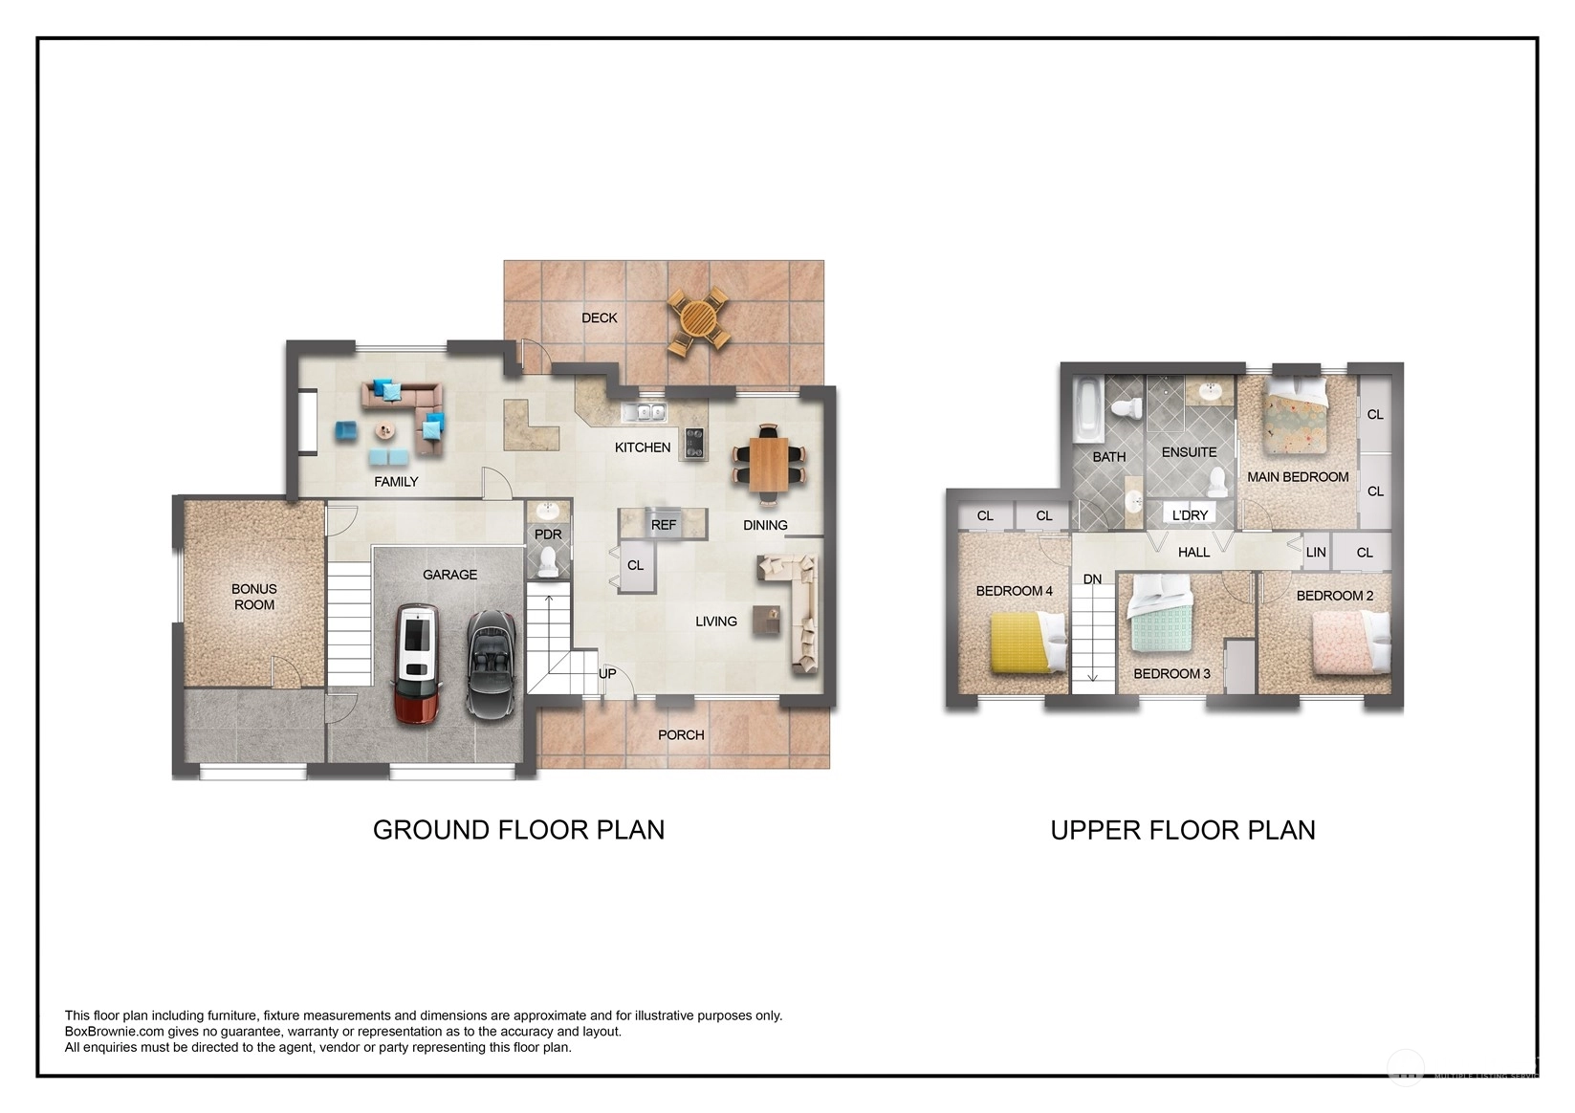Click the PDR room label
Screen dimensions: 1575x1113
click(548, 535)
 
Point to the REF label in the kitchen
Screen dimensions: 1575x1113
click(663, 525)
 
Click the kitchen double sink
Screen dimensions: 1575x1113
click(643, 412)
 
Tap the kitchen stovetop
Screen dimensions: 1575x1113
click(694, 443)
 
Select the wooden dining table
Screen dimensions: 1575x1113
click(768, 464)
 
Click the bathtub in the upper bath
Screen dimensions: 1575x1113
click(1087, 410)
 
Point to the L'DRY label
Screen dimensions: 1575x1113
click(1190, 515)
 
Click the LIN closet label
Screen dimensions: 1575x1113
click(1316, 553)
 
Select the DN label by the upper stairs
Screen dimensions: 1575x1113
click(1092, 579)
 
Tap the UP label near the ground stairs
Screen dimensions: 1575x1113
click(607, 673)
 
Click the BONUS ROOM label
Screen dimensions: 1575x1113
click(253, 597)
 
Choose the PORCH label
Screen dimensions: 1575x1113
click(681, 735)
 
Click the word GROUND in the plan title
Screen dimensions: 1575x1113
click(430, 830)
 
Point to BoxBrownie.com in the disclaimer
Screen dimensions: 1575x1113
click(114, 1032)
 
